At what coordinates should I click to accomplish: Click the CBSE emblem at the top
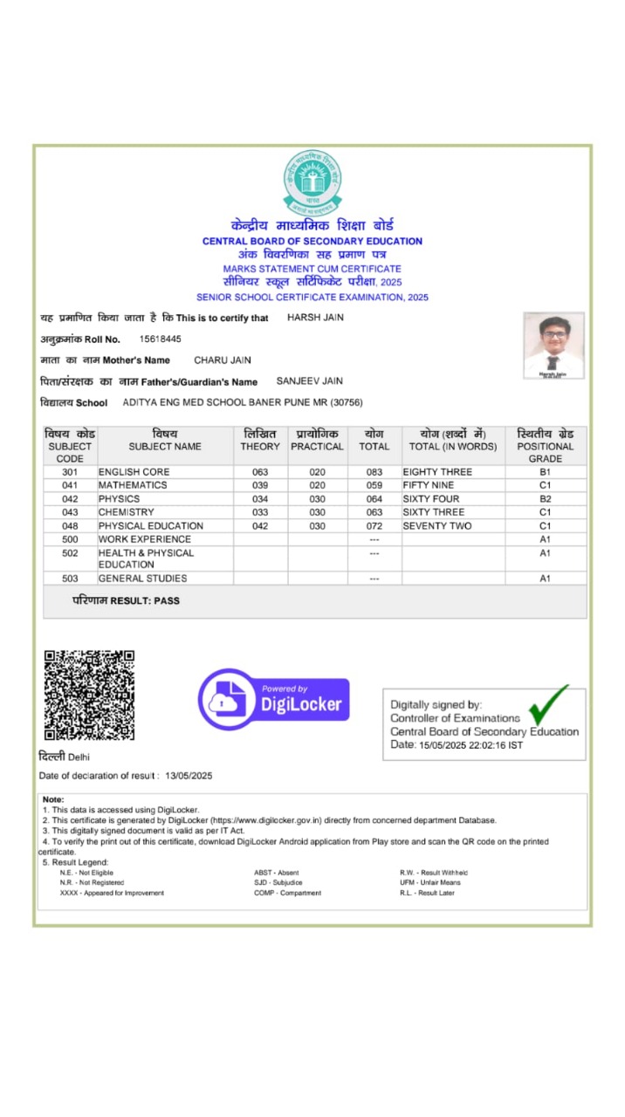(312, 183)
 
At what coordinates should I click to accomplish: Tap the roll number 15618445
(161, 339)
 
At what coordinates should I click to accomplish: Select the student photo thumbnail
(553, 346)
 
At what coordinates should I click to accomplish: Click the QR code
(89, 695)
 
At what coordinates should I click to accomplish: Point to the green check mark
(549, 704)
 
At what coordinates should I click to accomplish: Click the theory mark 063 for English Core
(260, 472)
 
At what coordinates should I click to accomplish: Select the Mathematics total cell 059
(374, 485)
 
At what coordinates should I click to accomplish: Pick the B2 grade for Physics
(545, 499)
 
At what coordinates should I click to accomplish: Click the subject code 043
(70, 512)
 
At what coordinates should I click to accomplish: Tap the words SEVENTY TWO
(437, 526)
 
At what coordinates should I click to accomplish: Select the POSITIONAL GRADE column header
(545, 446)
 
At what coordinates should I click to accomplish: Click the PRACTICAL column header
(317, 441)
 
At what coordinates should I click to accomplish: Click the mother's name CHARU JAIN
(223, 360)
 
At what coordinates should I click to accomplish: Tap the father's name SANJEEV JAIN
(310, 380)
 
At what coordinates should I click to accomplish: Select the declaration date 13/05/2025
(189, 776)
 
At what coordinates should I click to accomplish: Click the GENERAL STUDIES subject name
(142, 579)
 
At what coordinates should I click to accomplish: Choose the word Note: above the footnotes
(53, 799)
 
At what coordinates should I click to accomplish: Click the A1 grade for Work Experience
(545, 539)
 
